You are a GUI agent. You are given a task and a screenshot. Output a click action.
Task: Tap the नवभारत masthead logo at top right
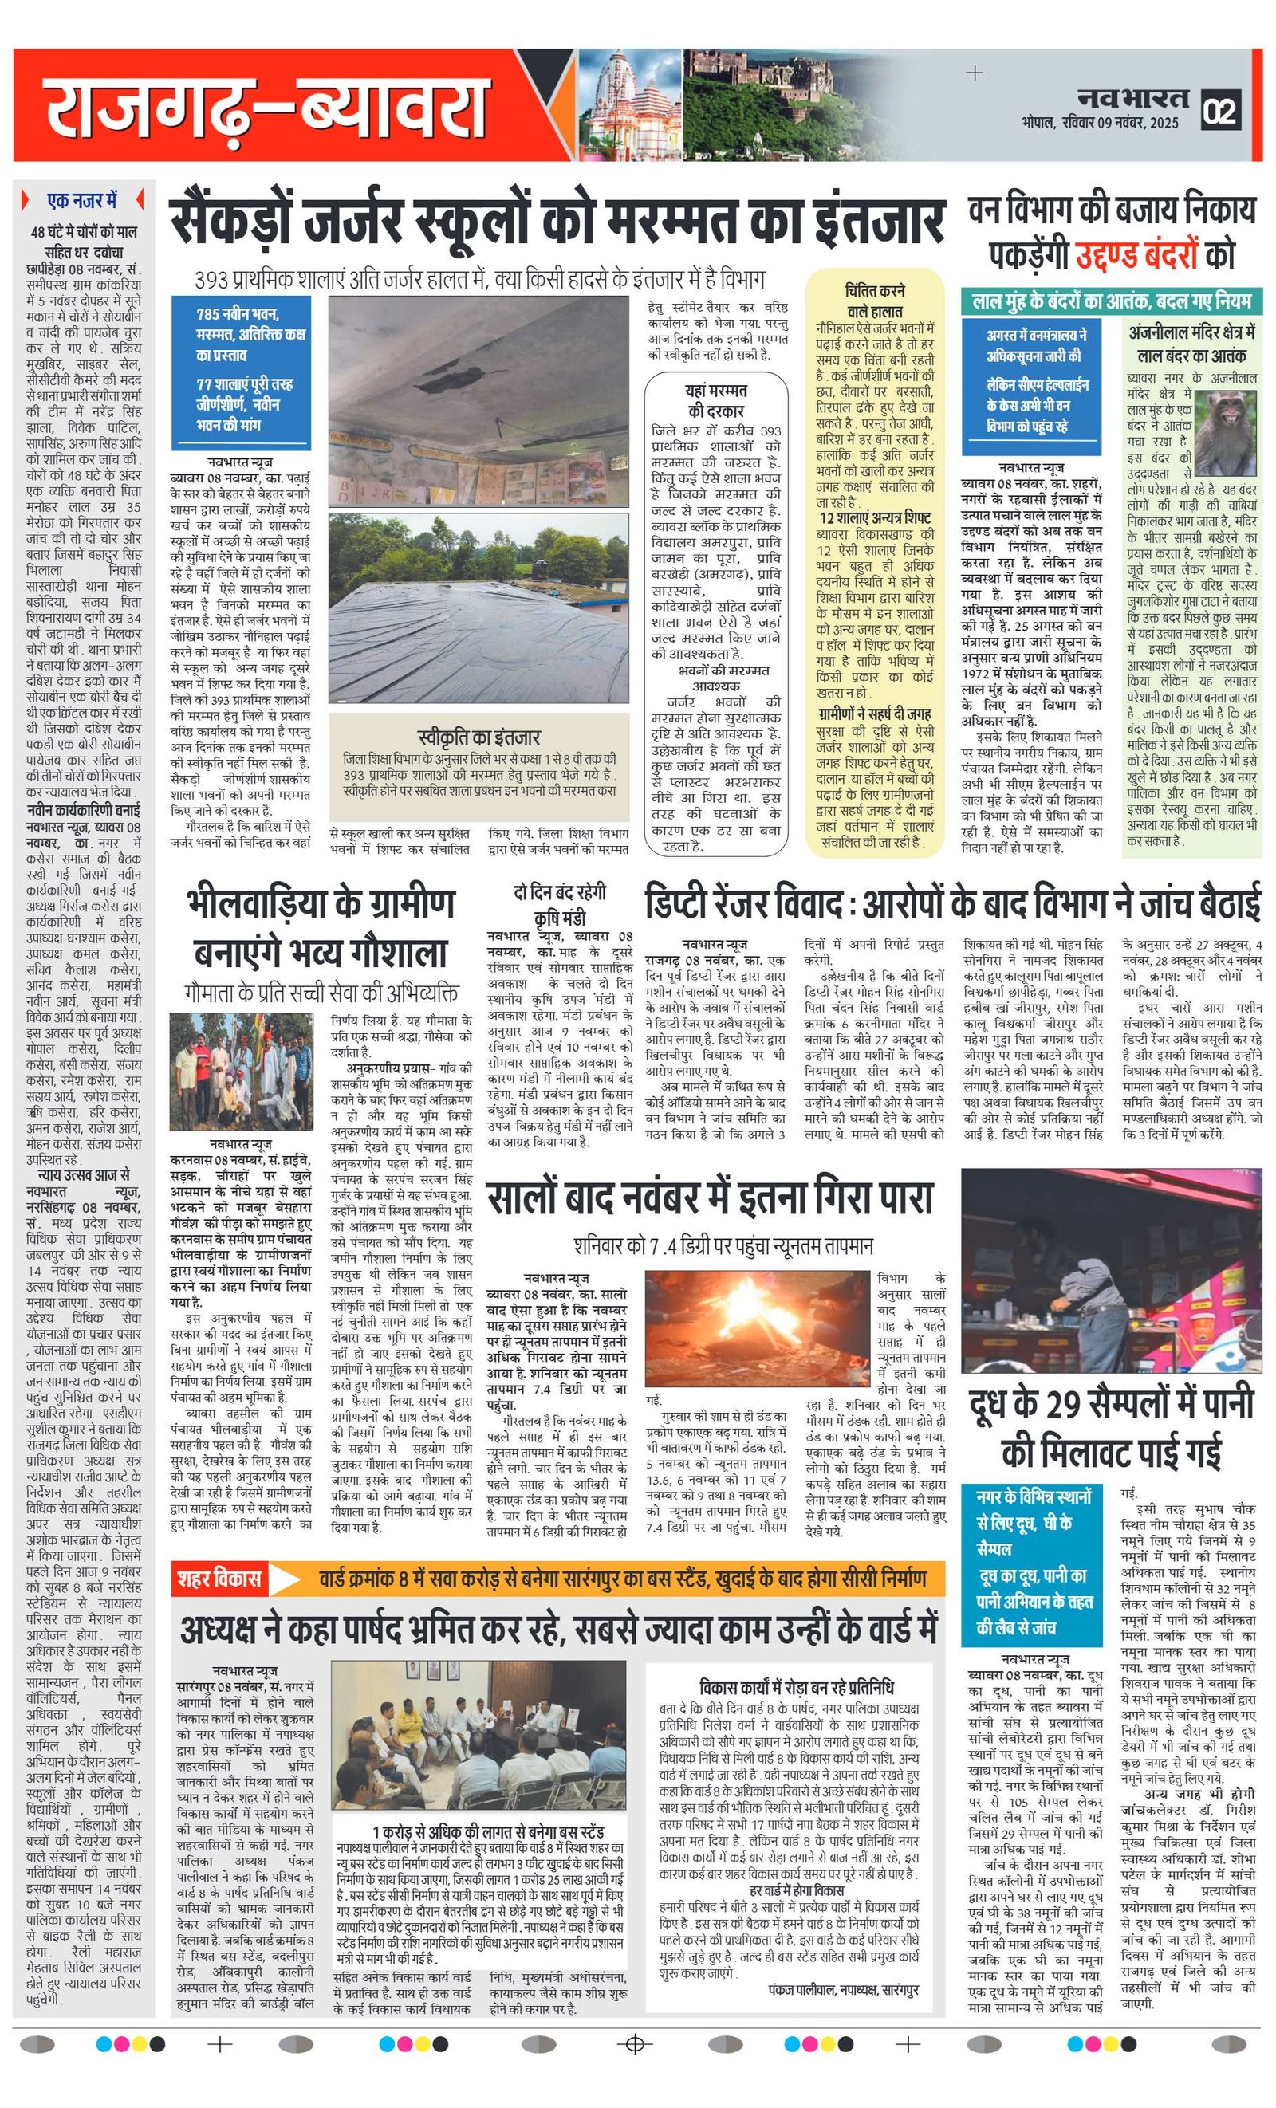1132,97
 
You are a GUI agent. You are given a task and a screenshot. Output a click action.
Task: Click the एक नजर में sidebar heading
82,201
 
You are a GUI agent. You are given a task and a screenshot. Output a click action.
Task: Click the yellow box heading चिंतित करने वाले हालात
875,301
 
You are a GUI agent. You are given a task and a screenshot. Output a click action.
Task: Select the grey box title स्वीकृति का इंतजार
479,737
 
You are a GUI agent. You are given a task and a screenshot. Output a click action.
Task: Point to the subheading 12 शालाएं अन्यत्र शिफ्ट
875,517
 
